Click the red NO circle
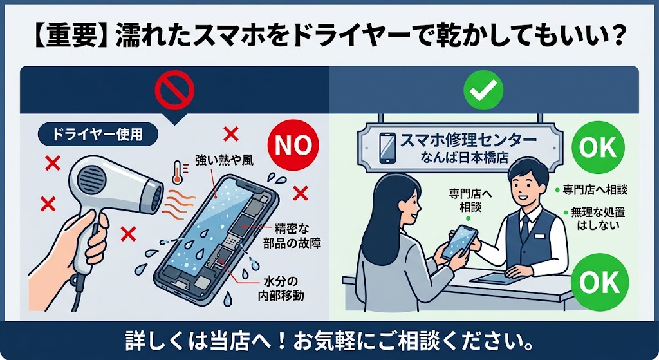pos(293,145)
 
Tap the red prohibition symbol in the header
pos(174,90)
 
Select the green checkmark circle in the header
pos(483,90)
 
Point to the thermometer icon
pos(177,172)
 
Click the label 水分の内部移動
pos(281,288)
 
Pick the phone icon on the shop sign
pos(387,148)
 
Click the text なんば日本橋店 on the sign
pos(465,158)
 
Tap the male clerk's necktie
pos(525,227)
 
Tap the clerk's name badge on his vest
pos(539,236)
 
